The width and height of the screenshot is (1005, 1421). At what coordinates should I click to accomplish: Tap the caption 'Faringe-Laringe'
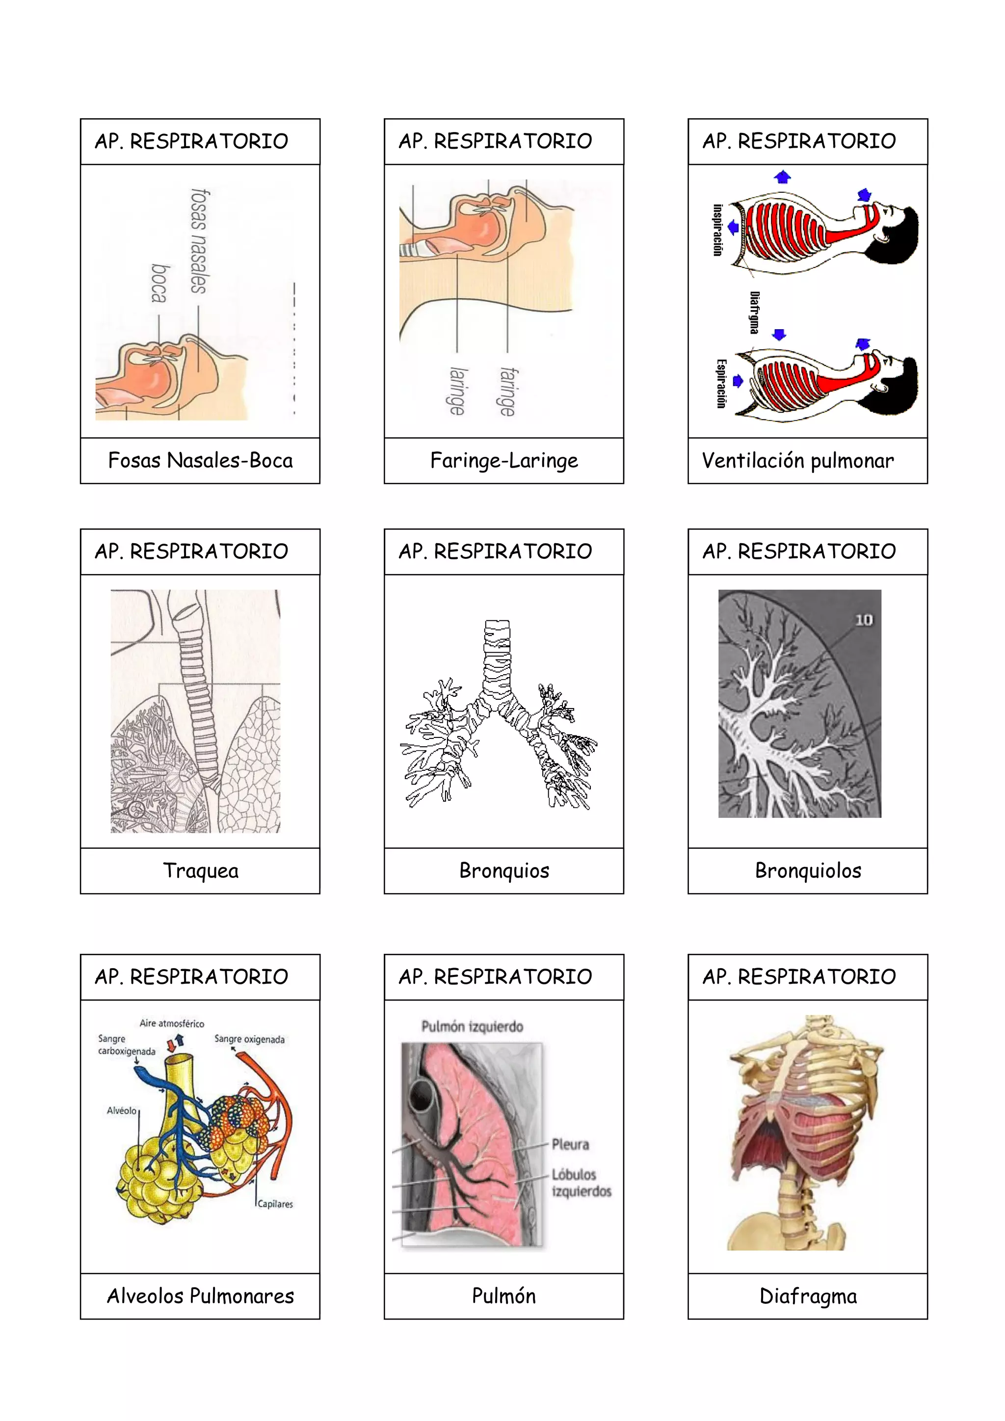tap(504, 460)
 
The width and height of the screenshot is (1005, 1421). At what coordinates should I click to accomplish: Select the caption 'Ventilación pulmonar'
tap(798, 460)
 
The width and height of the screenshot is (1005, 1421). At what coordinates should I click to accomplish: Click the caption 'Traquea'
tap(201, 871)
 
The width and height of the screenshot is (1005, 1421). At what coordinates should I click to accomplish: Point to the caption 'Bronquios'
tap(504, 871)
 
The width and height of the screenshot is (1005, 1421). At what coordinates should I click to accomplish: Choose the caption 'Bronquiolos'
tap(808, 871)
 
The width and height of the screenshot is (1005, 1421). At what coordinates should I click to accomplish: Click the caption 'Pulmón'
tap(504, 1296)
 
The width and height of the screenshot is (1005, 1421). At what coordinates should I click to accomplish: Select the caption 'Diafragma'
tap(808, 1296)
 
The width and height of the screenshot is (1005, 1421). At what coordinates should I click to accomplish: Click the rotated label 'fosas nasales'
tap(199, 241)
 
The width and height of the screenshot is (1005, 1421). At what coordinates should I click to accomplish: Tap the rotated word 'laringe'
tap(457, 391)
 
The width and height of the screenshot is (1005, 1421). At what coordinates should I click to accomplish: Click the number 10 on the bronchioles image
tap(863, 620)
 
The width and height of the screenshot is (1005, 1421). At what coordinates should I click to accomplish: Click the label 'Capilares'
tap(275, 1204)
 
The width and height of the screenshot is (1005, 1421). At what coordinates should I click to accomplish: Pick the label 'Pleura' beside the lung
tap(570, 1144)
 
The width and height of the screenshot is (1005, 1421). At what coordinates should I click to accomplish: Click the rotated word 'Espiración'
tap(721, 384)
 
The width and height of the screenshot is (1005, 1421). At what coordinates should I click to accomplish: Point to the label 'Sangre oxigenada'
tap(249, 1039)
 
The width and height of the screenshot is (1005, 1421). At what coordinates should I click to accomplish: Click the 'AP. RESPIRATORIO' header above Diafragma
tap(799, 976)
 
